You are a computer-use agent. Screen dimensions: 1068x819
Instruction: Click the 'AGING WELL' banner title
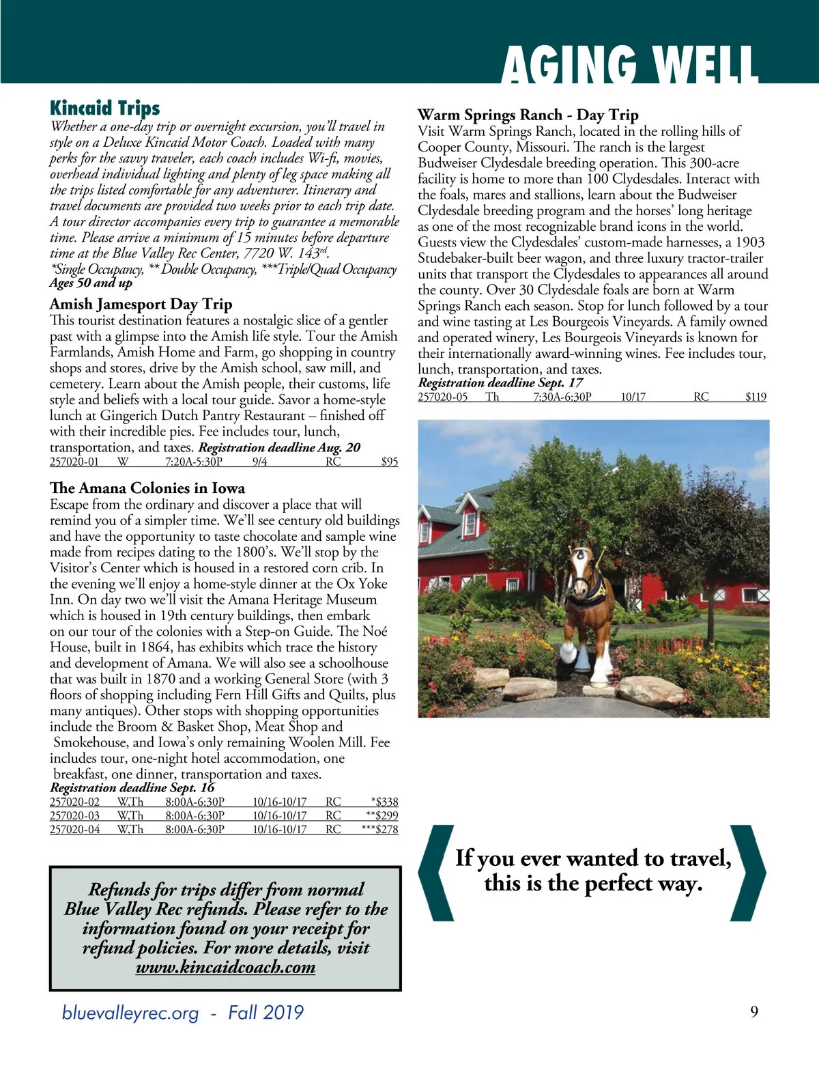click(629, 64)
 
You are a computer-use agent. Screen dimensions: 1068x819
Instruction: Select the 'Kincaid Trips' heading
click(104, 108)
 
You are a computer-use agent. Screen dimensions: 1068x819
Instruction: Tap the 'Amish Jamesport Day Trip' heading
click(141, 304)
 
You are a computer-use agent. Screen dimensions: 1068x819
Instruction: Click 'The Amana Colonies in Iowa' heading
click(147, 488)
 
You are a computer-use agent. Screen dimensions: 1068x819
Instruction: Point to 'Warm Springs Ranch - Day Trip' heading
click(528, 115)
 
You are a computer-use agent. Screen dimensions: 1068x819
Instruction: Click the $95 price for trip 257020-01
click(389, 462)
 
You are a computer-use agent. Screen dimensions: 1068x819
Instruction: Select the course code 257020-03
click(74, 815)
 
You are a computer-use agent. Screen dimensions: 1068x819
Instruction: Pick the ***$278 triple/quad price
click(379, 829)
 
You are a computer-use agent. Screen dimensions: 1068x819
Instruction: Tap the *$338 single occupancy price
click(384, 802)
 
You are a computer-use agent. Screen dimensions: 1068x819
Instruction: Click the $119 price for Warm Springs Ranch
click(756, 397)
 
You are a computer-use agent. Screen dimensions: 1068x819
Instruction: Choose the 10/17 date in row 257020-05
click(633, 397)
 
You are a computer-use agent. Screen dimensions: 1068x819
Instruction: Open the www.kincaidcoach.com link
click(225, 967)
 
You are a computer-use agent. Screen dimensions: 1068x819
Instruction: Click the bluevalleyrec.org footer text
click(130, 1012)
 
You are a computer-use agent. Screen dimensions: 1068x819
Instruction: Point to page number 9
click(753, 1011)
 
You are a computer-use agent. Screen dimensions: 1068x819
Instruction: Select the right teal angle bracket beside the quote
click(748, 872)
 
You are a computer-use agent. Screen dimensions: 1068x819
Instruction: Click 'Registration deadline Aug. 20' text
click(279, 447)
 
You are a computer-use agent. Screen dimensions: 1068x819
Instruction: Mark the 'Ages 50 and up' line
click(91, 283)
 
